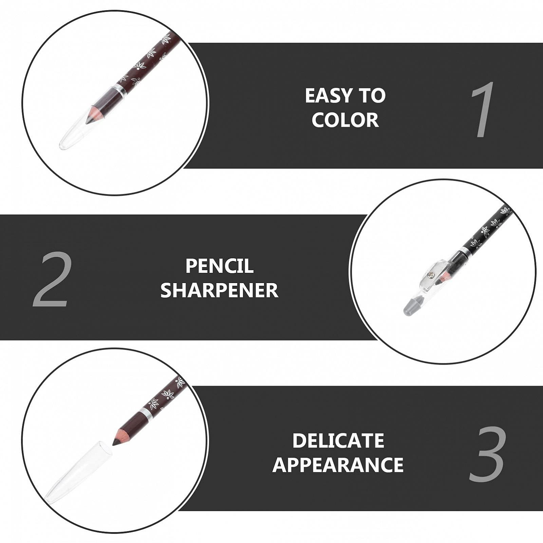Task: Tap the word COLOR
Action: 345,120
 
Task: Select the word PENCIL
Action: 220,266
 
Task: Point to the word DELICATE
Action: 338,441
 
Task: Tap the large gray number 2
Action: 53,279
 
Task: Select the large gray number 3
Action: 488,454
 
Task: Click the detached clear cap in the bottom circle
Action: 78,472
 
